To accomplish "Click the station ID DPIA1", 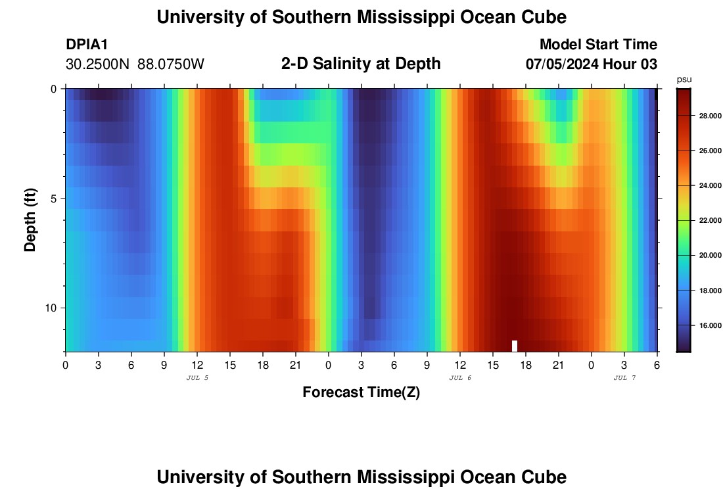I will click(87, 45).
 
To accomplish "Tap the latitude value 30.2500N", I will click(97, 64).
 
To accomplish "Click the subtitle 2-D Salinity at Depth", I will click(361, 64).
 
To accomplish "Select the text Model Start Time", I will click(598, 45).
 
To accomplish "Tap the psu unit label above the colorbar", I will click(684, 80).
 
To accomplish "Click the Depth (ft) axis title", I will click(30, 220).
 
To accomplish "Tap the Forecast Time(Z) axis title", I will click(361, 392).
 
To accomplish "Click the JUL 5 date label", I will click(197, 378).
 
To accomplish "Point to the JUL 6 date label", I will click(460, 378).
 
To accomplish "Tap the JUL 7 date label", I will click(624, 378).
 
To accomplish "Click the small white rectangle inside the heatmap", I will click(515, 346).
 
